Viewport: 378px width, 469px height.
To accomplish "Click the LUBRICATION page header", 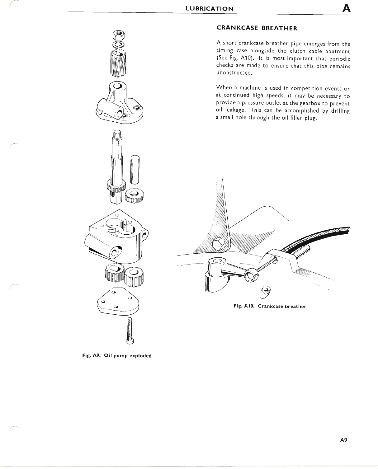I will tap(209, 8).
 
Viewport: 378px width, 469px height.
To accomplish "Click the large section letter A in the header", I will tap(346, 8).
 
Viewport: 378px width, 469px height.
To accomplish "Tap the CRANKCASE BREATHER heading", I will tap(257, 28).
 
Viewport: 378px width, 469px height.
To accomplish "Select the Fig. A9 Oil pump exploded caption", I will tap(117, 355).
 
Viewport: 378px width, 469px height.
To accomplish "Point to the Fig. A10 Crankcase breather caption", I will tap(270, 306).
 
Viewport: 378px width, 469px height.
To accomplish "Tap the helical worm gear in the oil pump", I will tap(118, 64).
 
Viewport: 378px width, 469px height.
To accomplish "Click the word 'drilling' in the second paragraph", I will tap(340, 111).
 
